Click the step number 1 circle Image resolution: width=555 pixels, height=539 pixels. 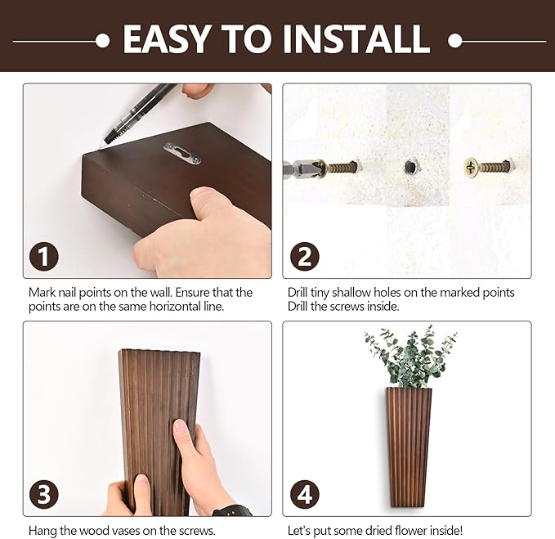click(44, 257)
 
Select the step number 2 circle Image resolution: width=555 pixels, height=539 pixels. click(304, 257)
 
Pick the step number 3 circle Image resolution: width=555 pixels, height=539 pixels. click(44, 495)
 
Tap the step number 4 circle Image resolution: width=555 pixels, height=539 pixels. click(304, 495)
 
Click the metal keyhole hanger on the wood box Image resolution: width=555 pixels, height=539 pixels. click(181, 152)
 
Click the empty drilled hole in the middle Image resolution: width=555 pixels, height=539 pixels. click(410, 167)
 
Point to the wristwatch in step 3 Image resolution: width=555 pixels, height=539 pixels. click(232, 510)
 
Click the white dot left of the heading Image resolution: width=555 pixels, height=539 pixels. click(102, 40)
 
